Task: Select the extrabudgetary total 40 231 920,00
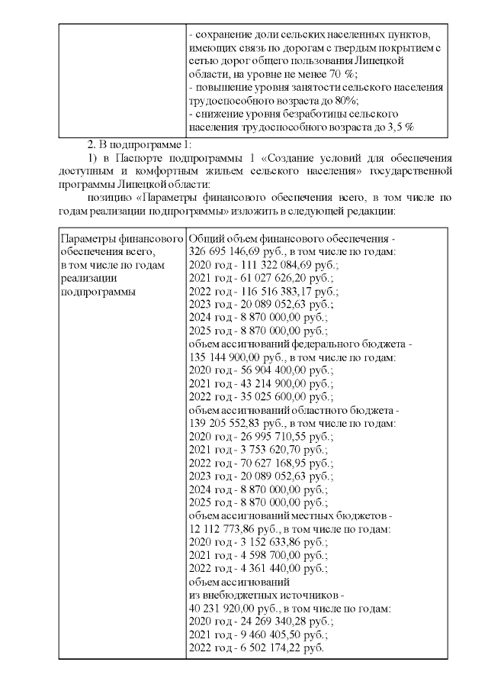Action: click(223, 609)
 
